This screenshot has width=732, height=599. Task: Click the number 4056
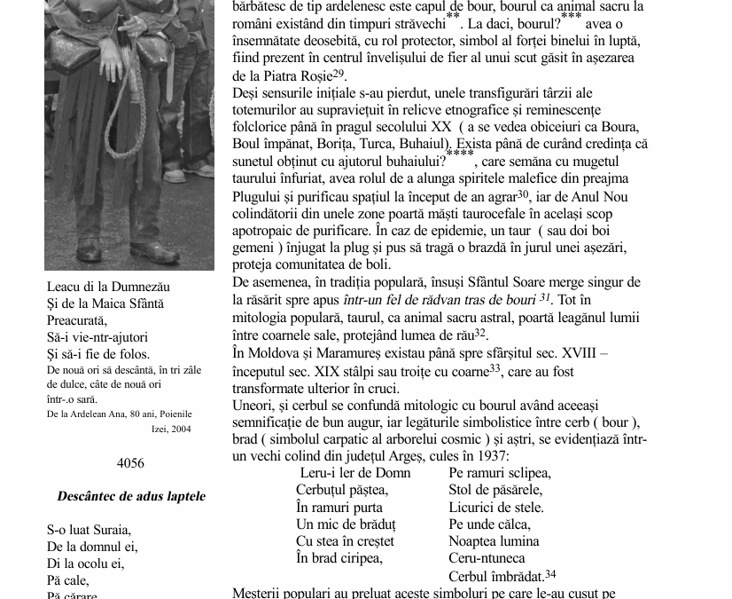coord(130,463)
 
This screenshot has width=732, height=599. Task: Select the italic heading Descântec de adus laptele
coord(131,496)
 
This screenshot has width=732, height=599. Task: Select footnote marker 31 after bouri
coord(545,298)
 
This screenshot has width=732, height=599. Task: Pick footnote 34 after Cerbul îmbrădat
coord(550,574)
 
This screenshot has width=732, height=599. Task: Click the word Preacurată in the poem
coord(76,320)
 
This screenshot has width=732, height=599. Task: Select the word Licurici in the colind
coord(475,508)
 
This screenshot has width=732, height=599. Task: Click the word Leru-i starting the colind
coord(317,473)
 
